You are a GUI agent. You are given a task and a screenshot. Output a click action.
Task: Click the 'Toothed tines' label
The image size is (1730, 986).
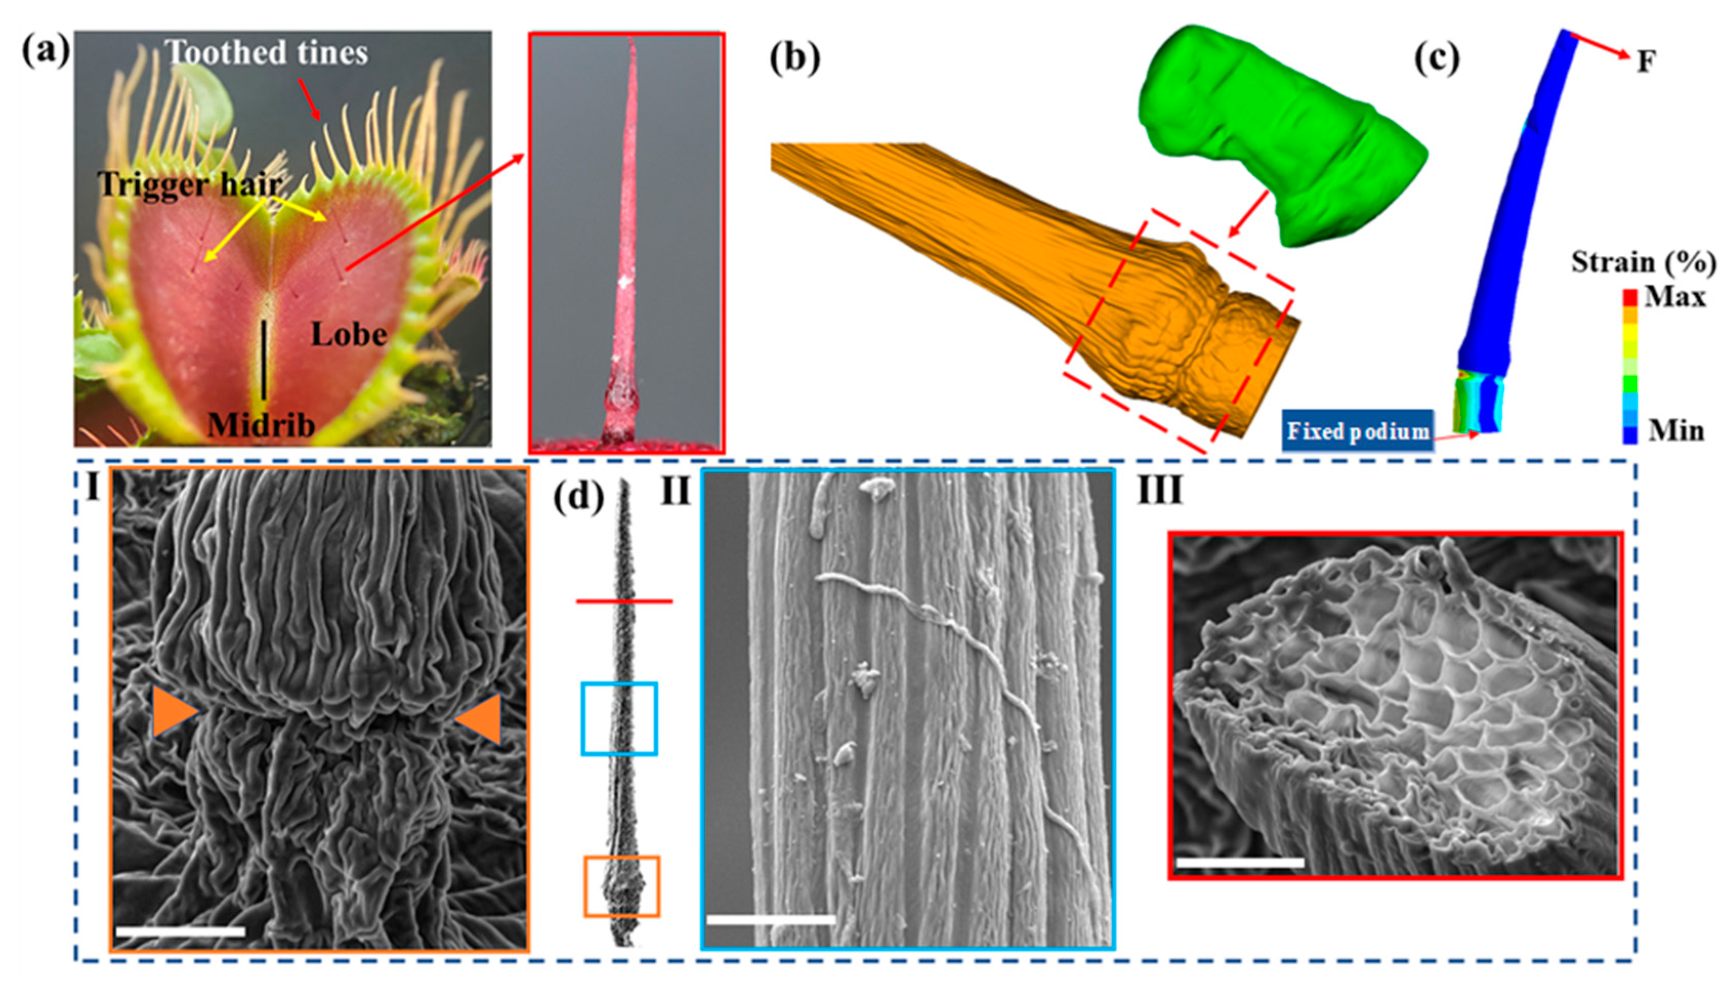(267, 53)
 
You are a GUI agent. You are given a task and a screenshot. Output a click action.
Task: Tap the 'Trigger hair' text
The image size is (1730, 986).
(189, 183)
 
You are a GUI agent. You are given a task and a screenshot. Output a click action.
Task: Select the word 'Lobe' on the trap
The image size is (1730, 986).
(349, 334)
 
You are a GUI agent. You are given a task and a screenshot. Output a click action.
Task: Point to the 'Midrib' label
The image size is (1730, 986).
(261, 425)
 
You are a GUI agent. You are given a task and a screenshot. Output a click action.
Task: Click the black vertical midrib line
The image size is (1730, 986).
(263, 359)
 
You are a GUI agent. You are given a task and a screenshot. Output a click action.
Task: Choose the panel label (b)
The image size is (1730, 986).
(794, 58)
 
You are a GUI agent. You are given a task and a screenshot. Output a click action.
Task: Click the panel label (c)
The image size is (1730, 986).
(1436, 58)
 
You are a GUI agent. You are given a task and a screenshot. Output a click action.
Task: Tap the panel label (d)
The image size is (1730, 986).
(578, 499)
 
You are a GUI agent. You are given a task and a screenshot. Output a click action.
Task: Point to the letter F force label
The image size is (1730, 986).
(1646, 62)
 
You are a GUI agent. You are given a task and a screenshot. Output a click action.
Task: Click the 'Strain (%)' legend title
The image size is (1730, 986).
(1643, 262)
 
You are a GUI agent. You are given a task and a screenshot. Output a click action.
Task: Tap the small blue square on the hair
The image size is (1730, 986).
(619, 718)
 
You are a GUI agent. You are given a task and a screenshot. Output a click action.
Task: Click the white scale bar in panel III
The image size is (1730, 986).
(1240, 862)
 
